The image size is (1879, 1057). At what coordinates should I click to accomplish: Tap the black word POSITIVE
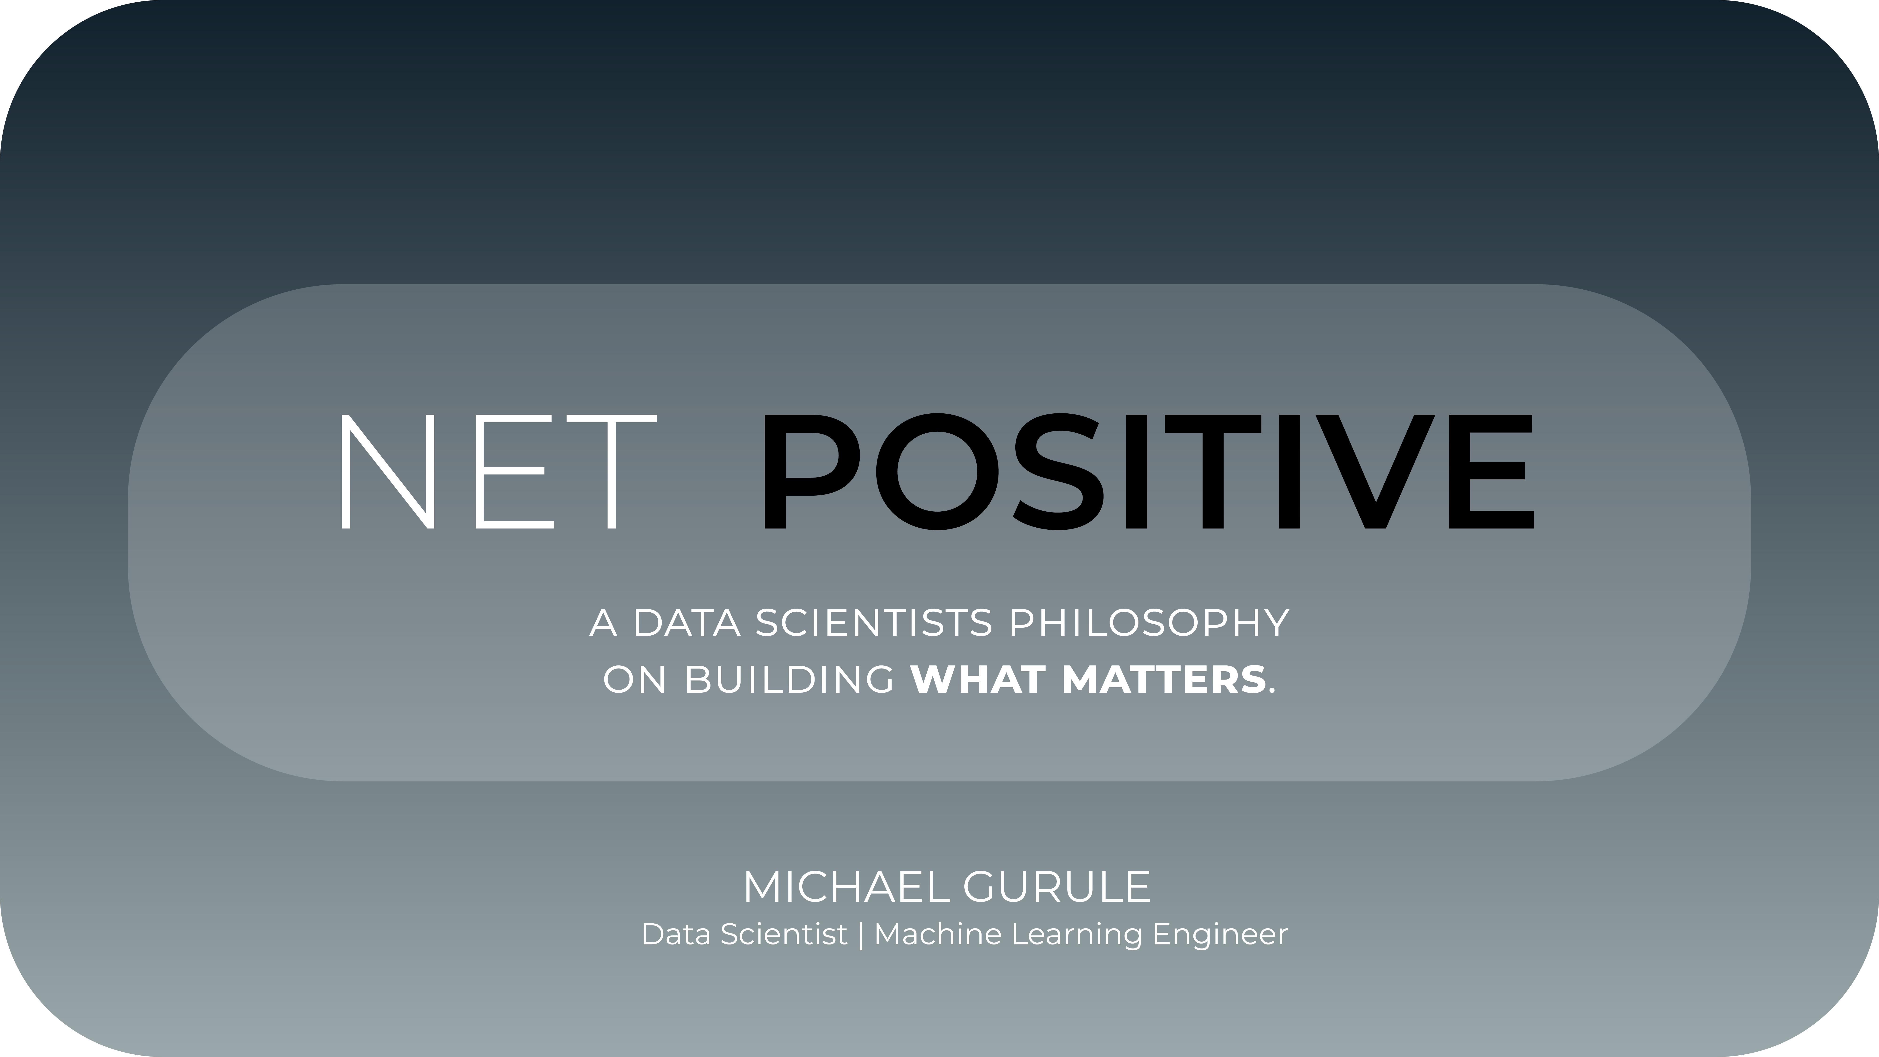(x=1148, y=471)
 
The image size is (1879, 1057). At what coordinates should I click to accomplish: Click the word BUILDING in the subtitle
(x=789, y=680)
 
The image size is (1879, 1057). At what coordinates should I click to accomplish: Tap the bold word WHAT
(x=978, y=680)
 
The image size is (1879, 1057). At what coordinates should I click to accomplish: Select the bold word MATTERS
(x=1164, y=680)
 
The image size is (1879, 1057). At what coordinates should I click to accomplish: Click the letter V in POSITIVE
(x=1375, y=471)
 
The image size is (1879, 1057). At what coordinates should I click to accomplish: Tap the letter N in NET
(x=387, y=471)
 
